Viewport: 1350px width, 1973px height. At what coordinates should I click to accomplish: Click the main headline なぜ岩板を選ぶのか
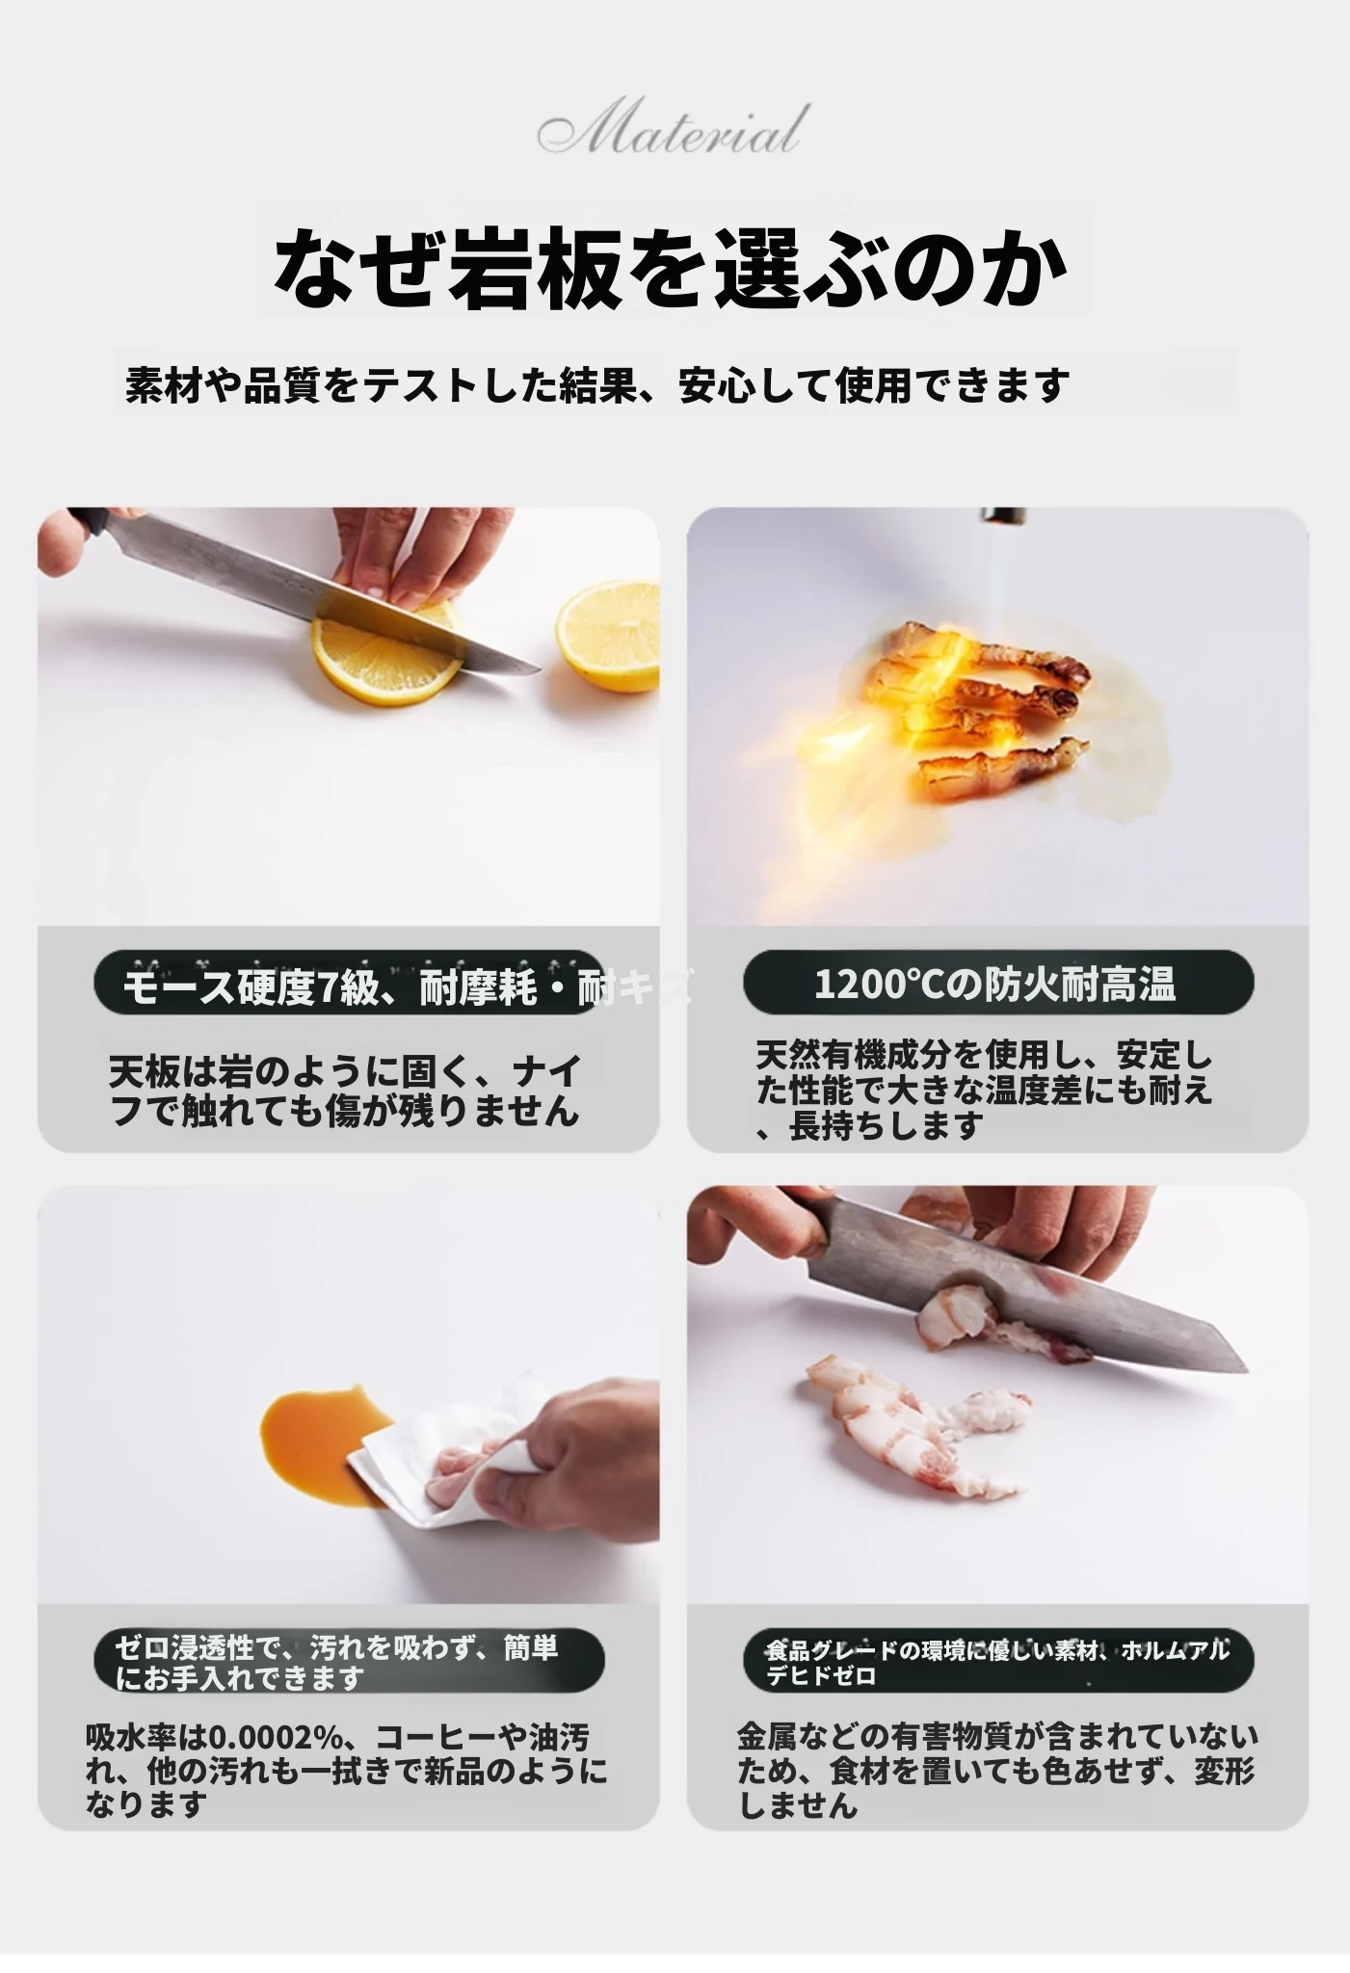click(x=672, y=267)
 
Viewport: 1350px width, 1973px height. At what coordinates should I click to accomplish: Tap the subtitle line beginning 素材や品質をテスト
click(x=597, y=384)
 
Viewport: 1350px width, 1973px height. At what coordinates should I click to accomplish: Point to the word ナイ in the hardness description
click(x=545, y=1071)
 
